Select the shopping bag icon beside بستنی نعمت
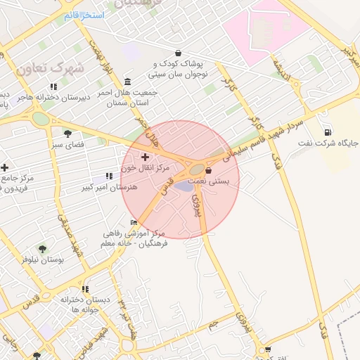(x=208, y=170)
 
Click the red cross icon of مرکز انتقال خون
(x=146, y=156)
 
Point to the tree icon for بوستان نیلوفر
(x=42, y=249)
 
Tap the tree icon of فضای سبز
(x=67, y=133)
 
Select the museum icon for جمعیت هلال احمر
(x=127, y=82)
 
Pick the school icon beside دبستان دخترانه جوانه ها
(x=85, y=289)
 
